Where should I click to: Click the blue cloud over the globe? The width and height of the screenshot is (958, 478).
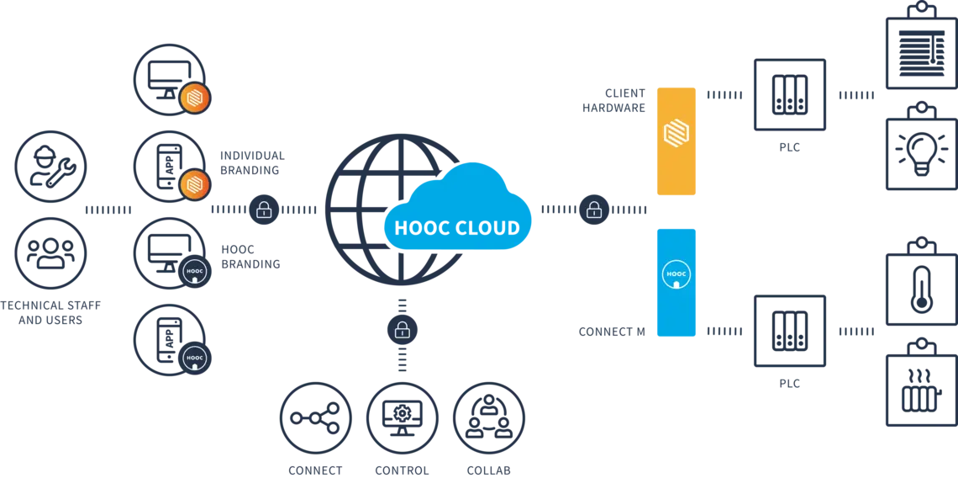458,210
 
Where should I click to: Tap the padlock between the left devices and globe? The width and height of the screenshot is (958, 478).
264,210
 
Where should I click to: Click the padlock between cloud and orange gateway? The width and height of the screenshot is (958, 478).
594,210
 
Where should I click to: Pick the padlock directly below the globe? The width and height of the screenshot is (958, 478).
402,329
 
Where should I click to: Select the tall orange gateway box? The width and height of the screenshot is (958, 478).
676,140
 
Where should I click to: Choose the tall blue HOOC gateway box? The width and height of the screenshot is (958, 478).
676,281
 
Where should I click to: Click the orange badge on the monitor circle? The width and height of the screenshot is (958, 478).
195,98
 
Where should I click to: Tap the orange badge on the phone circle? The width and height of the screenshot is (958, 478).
195,183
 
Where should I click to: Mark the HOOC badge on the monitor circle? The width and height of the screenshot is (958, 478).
194,272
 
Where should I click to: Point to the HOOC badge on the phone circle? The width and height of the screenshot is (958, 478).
194,358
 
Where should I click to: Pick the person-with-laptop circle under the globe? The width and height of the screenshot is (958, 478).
489,417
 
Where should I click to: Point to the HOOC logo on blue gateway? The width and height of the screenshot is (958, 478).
676,275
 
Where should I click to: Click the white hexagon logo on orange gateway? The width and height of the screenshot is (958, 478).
676,132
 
